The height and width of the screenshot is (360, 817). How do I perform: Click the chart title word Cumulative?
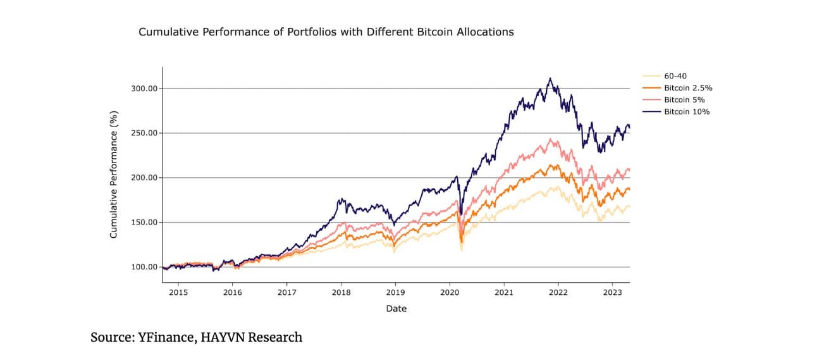point(165,32)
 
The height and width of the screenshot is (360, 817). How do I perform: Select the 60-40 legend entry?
point(676,76)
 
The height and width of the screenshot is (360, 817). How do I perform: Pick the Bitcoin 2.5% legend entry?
point(688,88)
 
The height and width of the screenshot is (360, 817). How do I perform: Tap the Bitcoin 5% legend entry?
point(684,100)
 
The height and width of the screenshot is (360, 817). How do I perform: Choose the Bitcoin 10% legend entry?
point(687,112)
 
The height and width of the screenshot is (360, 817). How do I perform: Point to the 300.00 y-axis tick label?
point(144,89)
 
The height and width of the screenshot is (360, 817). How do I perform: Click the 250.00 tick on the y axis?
point(144,133)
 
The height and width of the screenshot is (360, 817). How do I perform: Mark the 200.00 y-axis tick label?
point(144,178)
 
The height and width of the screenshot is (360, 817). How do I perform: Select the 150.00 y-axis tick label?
point(144,222)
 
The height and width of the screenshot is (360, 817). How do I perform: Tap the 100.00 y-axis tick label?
point(144,267)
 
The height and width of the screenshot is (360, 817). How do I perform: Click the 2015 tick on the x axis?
point(178,293)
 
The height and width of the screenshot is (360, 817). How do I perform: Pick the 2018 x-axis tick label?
point(341,293)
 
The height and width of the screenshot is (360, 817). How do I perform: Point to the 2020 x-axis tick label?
point(450,293)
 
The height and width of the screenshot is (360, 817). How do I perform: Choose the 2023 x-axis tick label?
point(612,293)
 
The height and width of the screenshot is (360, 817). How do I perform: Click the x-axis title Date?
point(396,309)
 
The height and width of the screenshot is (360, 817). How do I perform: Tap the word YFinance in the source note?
point(166,337)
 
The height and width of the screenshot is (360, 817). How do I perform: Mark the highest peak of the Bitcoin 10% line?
point(550,78)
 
